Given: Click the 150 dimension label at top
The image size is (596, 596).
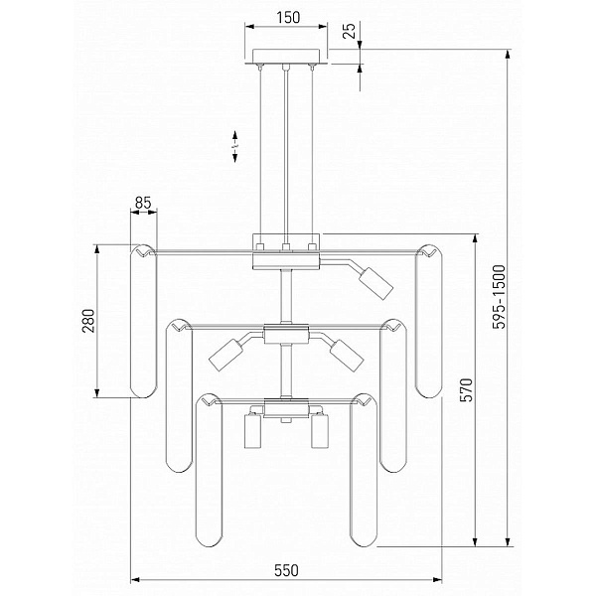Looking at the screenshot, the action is (x=288, y=18).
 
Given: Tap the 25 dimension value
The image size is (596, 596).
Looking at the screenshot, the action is (x=350, y=31).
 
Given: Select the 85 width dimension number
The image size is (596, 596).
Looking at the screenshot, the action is (x=143, y=203).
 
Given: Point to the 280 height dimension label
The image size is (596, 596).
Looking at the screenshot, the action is (x=88, y=321).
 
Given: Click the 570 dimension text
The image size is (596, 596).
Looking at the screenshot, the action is (x=467, y=389).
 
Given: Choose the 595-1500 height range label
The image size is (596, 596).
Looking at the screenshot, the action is (x=499, y=296).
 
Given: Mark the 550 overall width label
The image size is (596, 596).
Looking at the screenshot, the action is (x=286, y=570).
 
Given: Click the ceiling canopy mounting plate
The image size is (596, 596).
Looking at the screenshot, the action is (x=286, y=57).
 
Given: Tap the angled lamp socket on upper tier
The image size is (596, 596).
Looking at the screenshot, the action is (x=376, y=283).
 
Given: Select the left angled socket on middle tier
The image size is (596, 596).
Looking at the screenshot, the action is (x=226, y=355).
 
